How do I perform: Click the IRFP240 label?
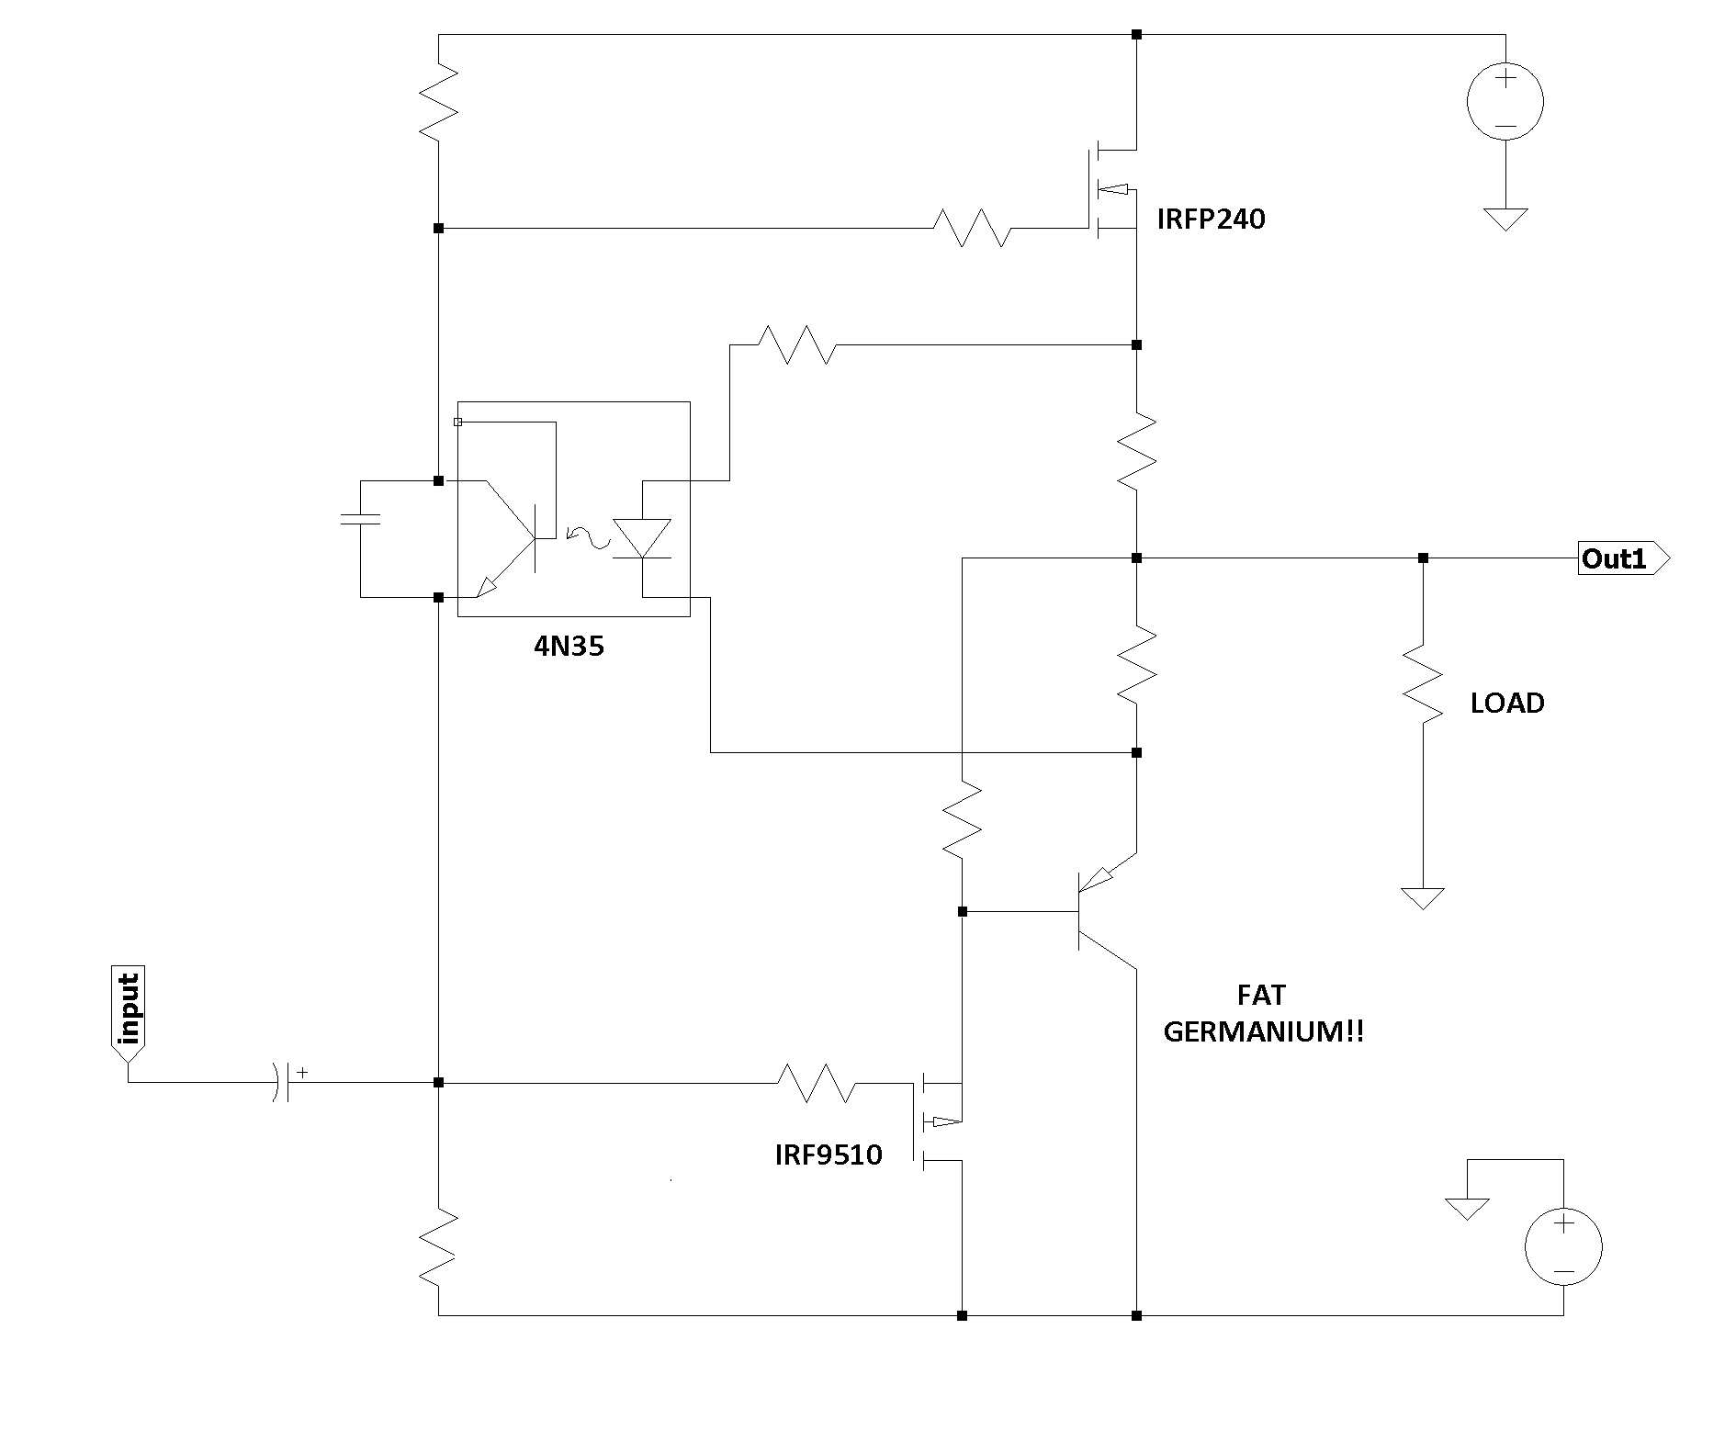point(1211,220)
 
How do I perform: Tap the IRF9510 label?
point(829,1155)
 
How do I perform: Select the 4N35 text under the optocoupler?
point(569,647)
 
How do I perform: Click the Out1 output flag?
point(1624,558)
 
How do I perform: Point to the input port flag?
point(128,1013)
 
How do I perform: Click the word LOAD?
point(1507,704)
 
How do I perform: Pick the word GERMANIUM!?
point(1264,1031)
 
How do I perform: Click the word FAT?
point(1261,995)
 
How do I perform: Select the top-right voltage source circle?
point(1505,102)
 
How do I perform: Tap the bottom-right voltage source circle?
point(1563,1246)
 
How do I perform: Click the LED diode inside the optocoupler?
point(642,538)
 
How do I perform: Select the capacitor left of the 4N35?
point(360,519)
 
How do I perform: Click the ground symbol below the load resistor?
point(1423,898)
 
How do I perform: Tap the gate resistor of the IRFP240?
point(972,228)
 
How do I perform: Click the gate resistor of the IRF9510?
point(817,1083)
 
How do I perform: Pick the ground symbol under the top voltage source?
point(1505,220)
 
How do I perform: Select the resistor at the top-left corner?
point(438,101)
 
